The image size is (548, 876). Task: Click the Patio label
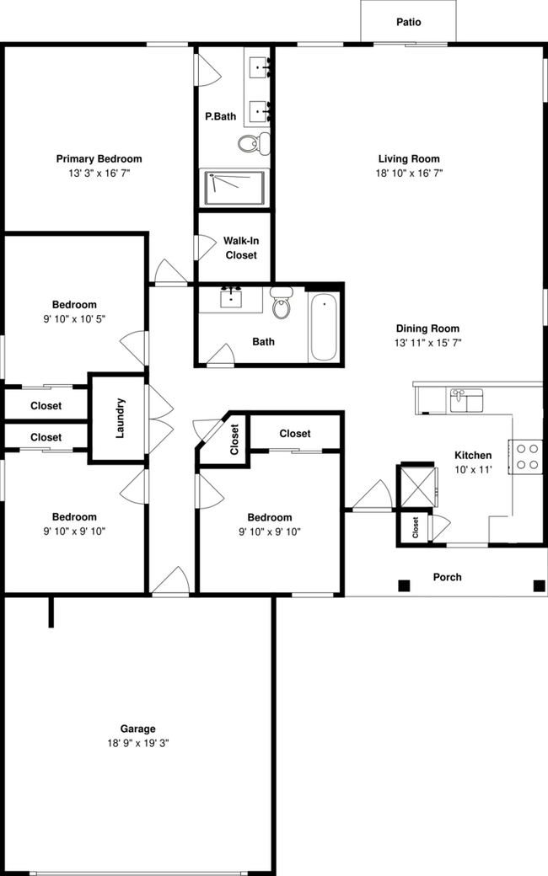click(408, 22)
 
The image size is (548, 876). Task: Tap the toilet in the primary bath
click(252, 144)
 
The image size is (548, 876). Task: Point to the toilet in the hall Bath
click(282, 302)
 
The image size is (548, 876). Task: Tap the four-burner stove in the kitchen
click(527, 456)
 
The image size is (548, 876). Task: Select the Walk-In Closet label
click(240, 248)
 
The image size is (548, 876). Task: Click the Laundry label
click(120, 418)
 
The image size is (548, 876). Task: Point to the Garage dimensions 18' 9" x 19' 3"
click(137, 743)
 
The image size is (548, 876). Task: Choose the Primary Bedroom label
click(99, 158)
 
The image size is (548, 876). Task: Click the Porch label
click(447, 577)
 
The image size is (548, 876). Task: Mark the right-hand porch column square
click(538, 585)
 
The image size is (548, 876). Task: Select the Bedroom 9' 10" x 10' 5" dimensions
click(73, 318)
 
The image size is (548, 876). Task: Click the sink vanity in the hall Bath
click(230, 299)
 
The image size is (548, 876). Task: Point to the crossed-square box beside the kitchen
click(418, 485)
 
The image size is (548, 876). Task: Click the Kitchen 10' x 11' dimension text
click(473, 469)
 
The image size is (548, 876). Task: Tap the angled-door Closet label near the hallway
click(234, 437)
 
